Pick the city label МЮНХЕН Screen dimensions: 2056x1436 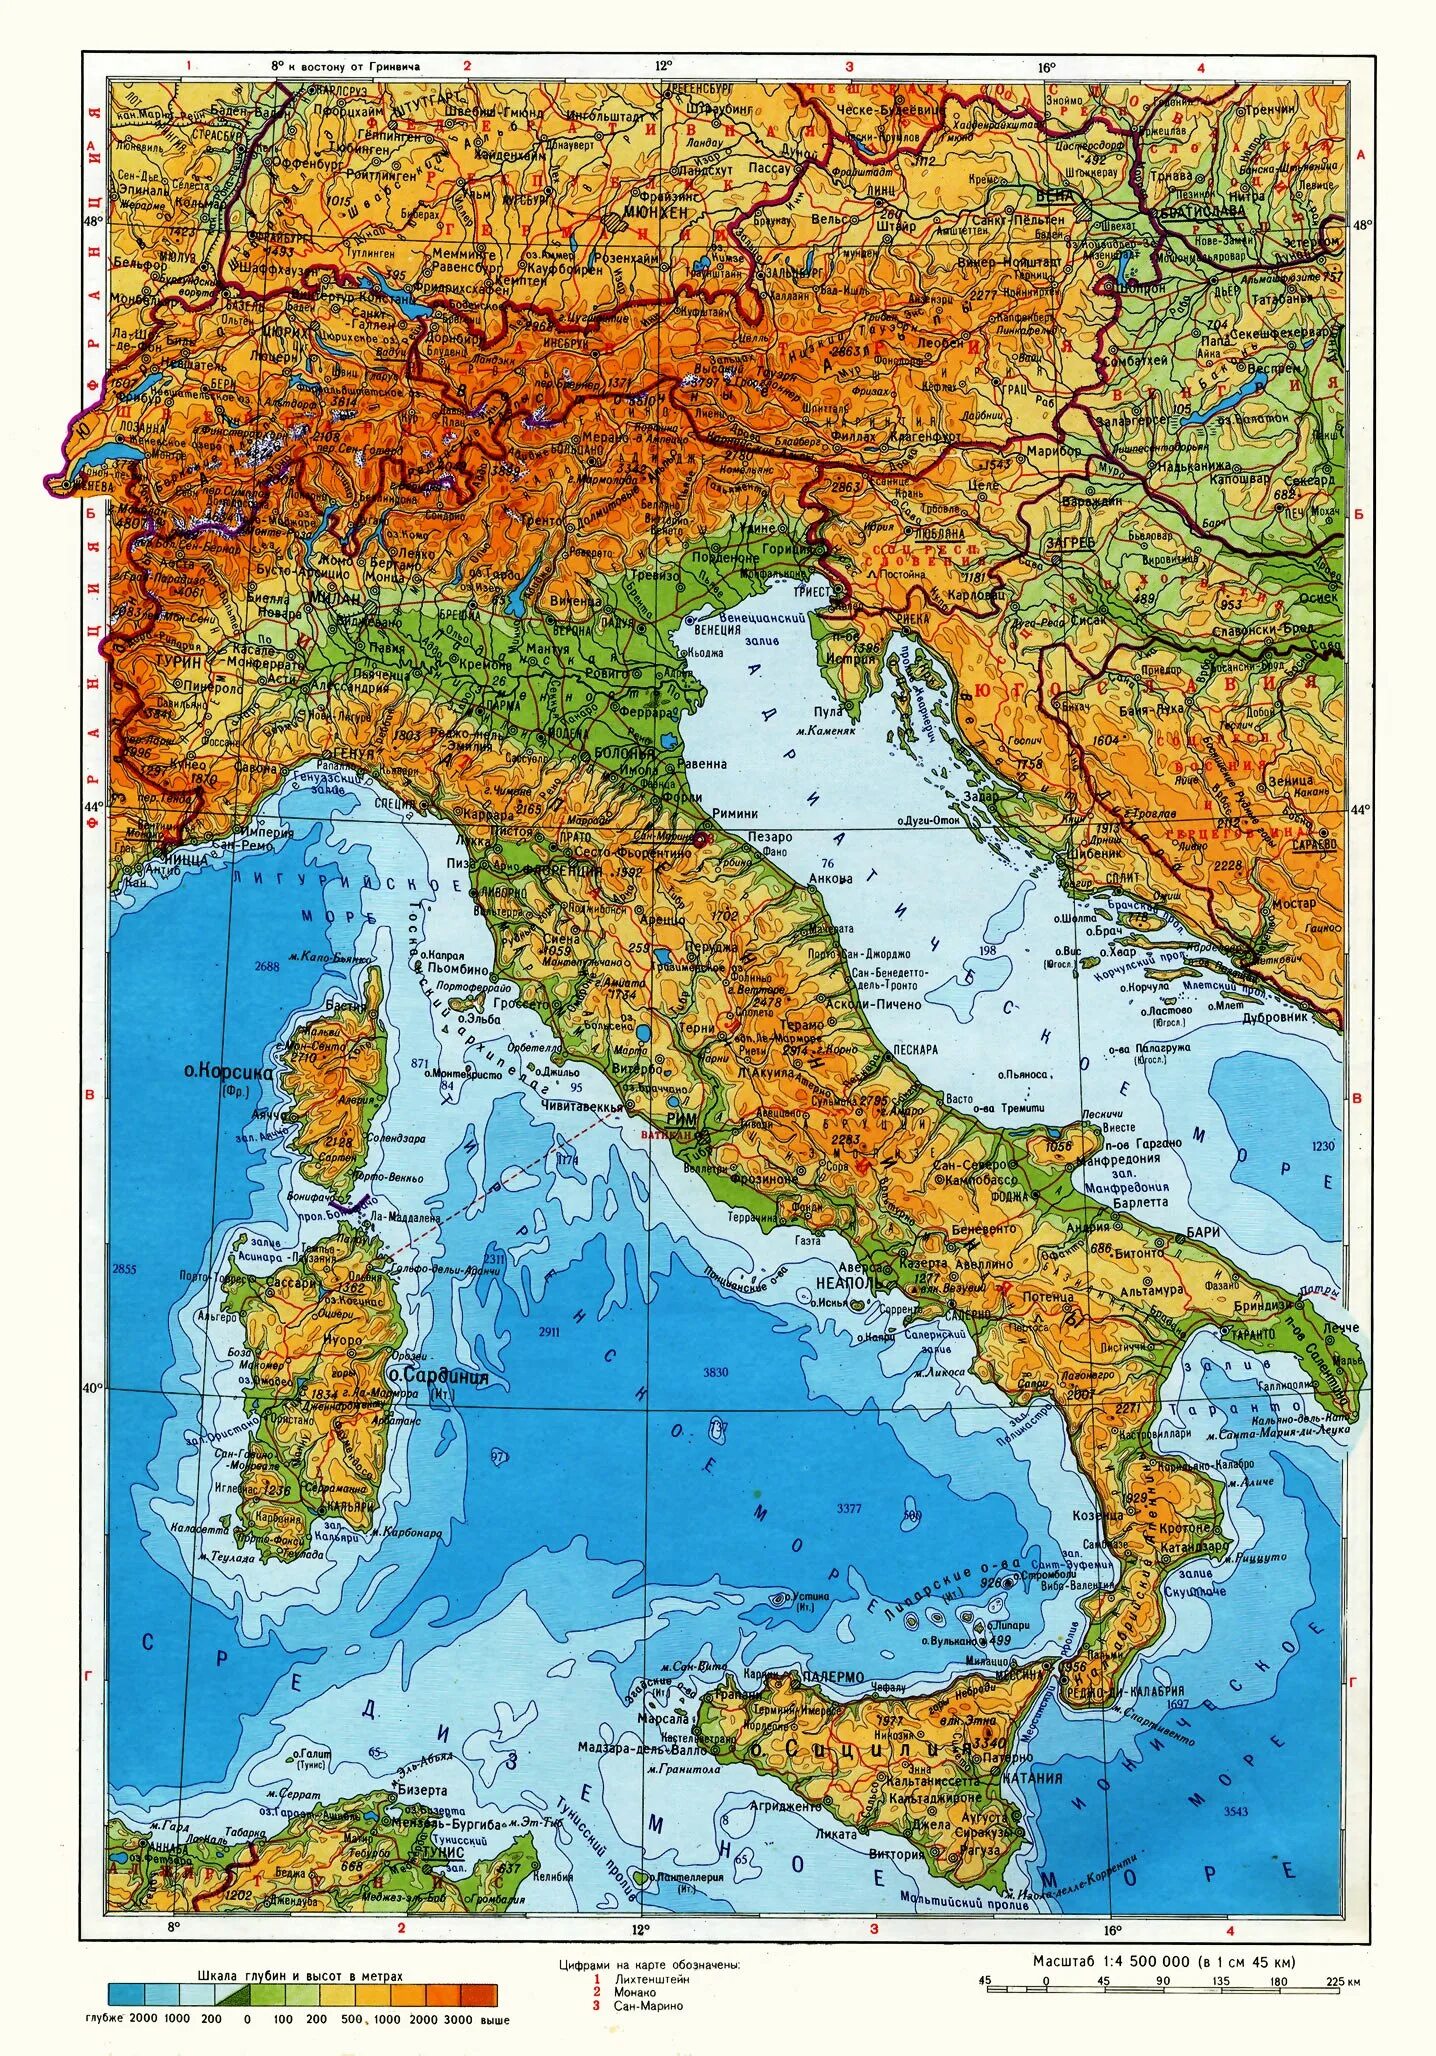655,213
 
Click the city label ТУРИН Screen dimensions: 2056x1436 180,661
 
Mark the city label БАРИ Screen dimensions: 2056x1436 1204,1232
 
